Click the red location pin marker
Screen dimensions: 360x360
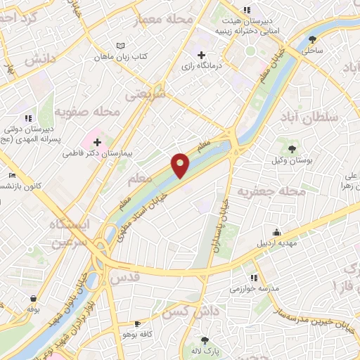coord(181,165)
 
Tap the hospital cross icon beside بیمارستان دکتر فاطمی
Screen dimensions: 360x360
coord(97,143)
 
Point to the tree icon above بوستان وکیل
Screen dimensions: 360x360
coord(290,148)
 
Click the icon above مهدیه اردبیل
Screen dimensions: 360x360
coord(277,232)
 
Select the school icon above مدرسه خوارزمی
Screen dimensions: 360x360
coord(253,277)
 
